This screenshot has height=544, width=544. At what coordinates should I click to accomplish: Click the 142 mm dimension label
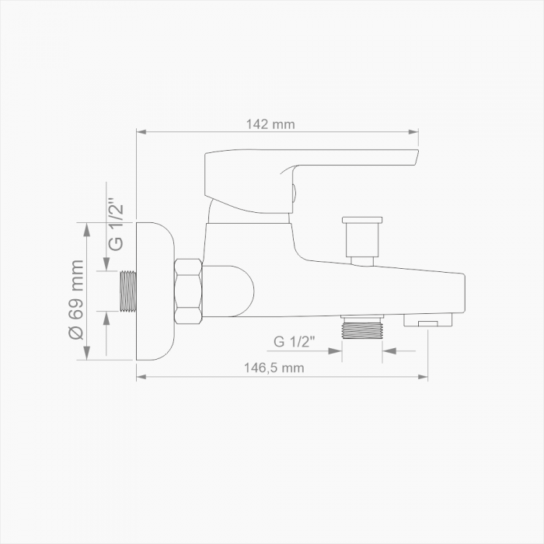coord(270,124)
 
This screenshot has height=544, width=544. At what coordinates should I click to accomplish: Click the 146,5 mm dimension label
coord(274,368)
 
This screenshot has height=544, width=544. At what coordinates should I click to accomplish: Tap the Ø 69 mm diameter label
coord(77,300)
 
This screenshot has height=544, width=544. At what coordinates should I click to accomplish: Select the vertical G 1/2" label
coord(116,225)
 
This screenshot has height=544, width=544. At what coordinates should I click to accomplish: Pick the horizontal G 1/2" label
coord(295,342)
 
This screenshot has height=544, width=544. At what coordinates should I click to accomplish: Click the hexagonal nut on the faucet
coord(188,291)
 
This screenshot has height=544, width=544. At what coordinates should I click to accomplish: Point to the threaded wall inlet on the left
coord(128,291)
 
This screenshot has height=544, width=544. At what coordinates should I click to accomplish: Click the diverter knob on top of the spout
coord(362,241)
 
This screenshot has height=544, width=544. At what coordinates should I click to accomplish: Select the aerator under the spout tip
coord(428,319)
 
